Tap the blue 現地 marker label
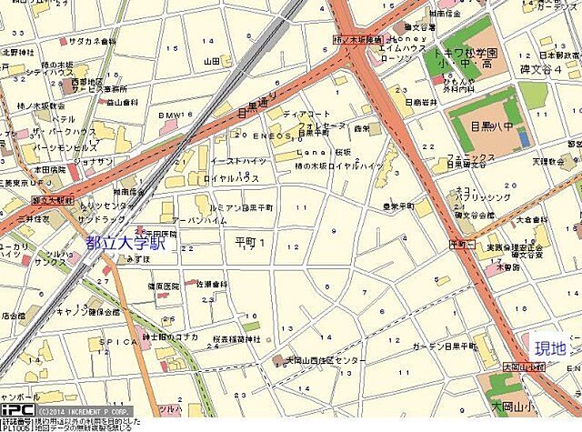550,348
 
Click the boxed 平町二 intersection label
463,246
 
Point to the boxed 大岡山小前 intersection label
497,367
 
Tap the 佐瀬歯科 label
209,284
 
